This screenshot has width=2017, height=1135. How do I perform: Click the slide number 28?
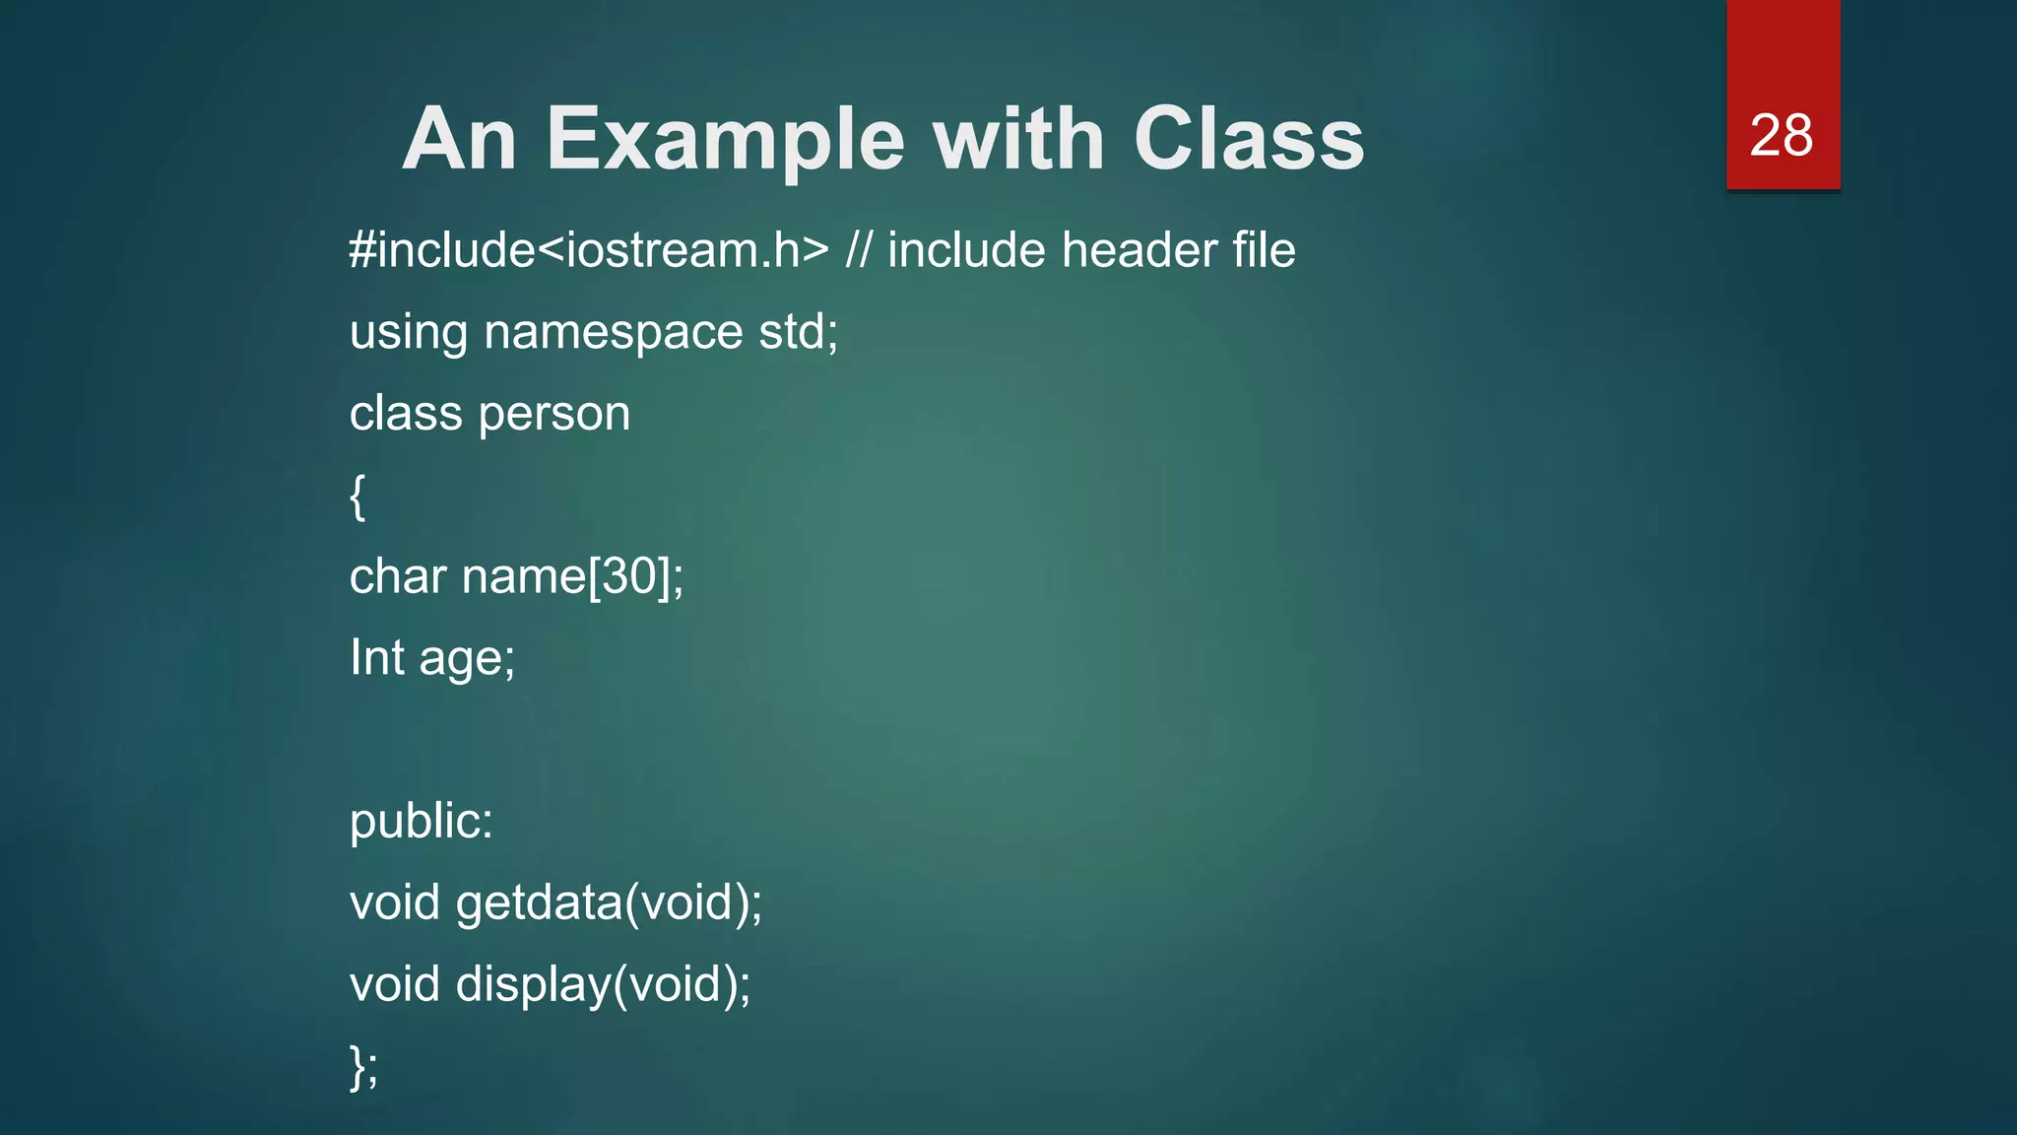(x=1781, y=135)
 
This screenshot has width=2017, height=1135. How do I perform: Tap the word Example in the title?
(x=725, y=139)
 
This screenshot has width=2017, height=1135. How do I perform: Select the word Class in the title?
(x=1249, y=139)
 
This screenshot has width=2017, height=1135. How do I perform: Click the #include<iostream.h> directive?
(x=589, y=249)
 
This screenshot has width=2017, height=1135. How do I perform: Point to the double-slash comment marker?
(x=858, y=249)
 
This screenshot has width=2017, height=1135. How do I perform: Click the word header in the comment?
(x=1139, y=249)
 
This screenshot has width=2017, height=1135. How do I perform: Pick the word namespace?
(x=613, y=333)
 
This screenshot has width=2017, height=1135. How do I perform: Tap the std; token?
(x=798, y=331)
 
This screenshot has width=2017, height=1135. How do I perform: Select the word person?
(x=553, y=415)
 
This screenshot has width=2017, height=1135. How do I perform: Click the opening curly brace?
(x=358, y=496)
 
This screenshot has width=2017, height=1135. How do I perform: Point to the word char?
(x=398, y=576)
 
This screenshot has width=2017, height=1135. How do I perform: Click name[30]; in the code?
(x=572, y=576)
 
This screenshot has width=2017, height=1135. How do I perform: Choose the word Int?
(x=377, y=657)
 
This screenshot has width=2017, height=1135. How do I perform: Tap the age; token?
(x=467, y=659)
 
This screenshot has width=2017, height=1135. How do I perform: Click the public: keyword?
(x=422, y=822)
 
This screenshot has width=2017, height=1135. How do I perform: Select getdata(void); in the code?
(x=609, y=903)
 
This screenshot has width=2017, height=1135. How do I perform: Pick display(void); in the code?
(x=603, y=985)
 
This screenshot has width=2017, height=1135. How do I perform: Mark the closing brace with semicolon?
(x=363, y=1066)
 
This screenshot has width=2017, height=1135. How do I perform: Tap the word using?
(x=409, y=333)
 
